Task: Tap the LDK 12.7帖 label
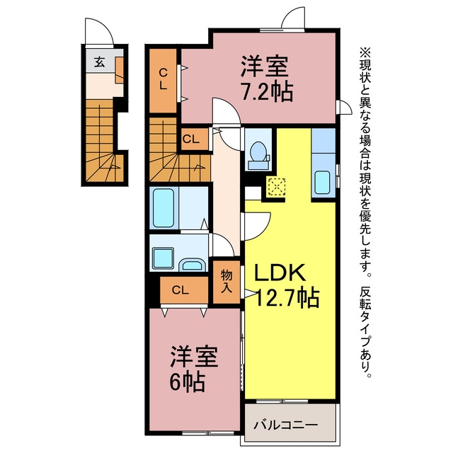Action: [286, 286]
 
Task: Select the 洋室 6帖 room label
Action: [193, 368]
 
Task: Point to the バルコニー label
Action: [285, 425]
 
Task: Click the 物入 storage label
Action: [226, 282]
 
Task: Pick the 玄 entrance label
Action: [100, 62]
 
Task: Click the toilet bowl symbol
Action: [258, 151]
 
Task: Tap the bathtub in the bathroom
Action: [164, 208]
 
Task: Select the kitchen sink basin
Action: [322, 183]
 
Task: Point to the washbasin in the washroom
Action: [192, 265]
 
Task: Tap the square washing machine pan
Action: [164, 258]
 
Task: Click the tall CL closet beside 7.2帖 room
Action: [163, 81]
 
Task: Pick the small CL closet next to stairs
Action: [195, 139]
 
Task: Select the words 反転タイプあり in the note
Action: [365, 328]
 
